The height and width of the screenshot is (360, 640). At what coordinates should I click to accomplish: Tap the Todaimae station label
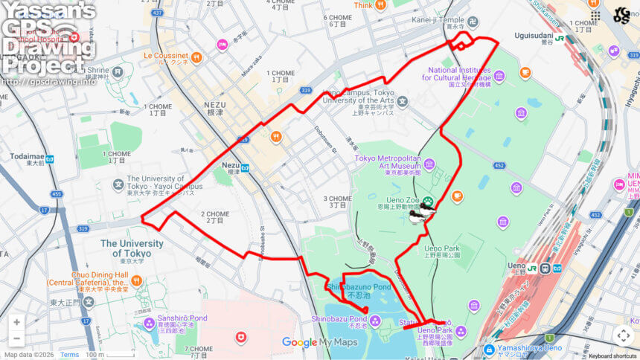pos(27,158)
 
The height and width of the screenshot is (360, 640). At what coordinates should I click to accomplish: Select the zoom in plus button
pos(16,322)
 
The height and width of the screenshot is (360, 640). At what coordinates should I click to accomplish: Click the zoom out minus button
pos(16,339)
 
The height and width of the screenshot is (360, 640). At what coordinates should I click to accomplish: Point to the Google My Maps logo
pos(319,342)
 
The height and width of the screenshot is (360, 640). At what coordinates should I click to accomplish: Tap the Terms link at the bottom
pos(69,355)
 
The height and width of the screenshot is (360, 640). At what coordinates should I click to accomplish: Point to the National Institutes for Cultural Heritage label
pos(459,74)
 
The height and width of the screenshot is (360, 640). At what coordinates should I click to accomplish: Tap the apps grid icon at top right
pos(594,15)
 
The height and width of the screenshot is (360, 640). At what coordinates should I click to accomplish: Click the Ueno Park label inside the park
pos(442,248)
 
